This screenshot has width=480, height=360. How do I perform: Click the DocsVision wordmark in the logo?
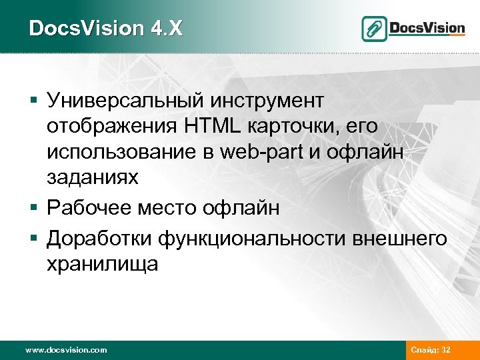point(427,27)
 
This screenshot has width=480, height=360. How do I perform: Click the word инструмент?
point(266,100)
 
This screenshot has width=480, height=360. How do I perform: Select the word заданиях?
point(93,177)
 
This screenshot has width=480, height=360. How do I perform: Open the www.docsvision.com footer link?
point(65,349)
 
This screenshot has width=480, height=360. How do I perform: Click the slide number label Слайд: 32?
point(431,349)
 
